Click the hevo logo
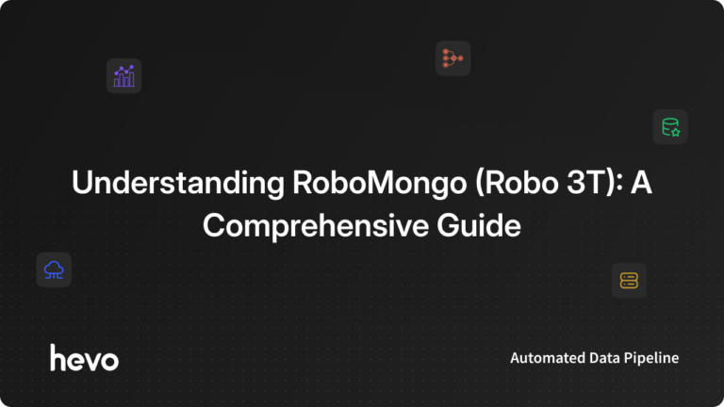(84, 357)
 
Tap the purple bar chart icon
(123, 76)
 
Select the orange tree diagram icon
(452, 58)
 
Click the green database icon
(670, 126)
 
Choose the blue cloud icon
(54, 270)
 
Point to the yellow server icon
(629, 280)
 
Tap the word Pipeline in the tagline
(652, 358)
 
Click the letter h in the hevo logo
(58, 357)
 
